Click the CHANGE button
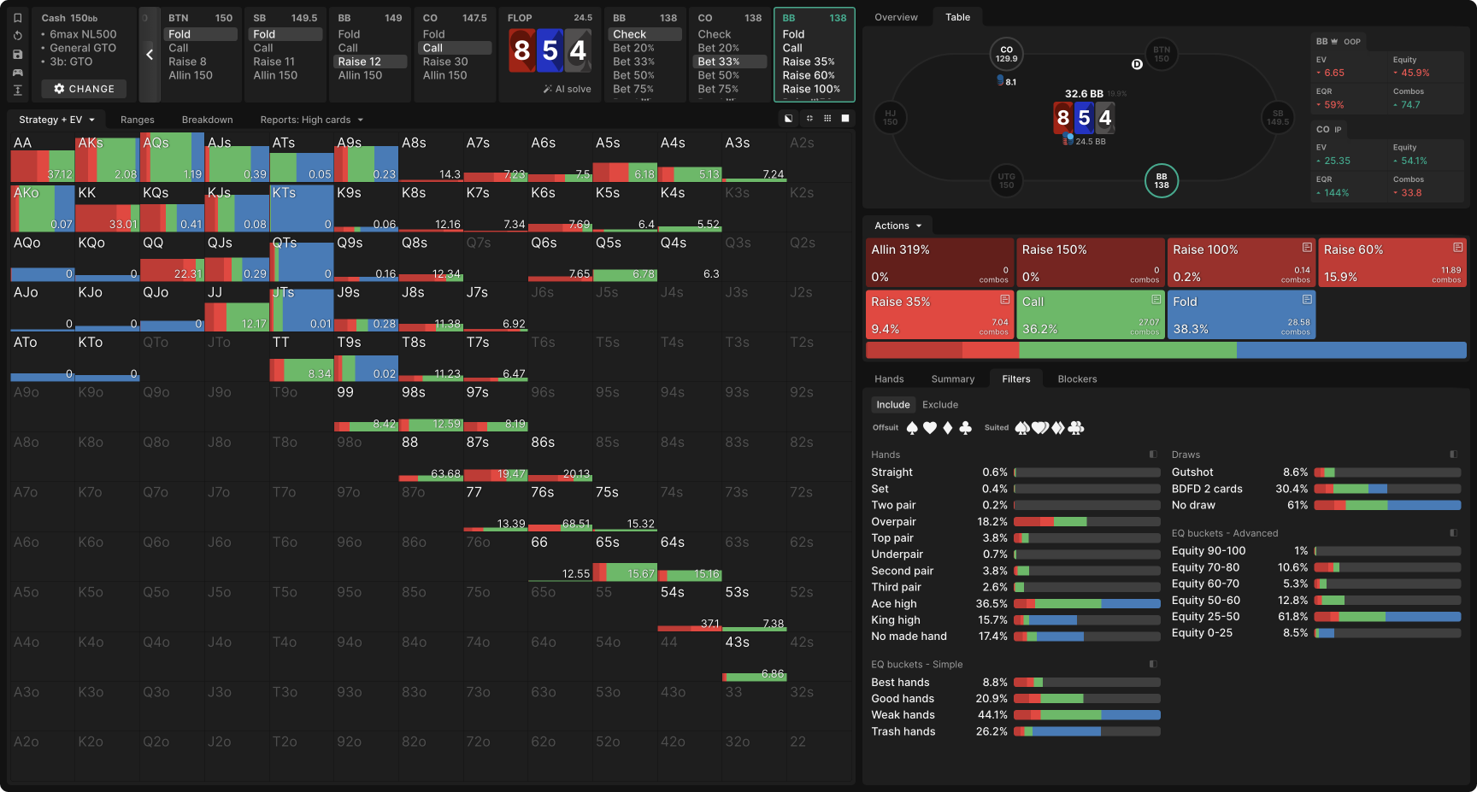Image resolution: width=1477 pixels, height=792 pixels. click(84, 89)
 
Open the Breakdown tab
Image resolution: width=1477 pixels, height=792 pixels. click(207, 120)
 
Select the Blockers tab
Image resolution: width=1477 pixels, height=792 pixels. click(1077, 379)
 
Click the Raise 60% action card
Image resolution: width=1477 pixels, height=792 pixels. click(1392, 263)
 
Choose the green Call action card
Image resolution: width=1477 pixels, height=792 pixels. click(1090, 315)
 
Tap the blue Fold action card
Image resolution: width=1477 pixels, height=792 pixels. click(1241, 315)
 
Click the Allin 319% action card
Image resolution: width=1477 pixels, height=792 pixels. click(939, 263)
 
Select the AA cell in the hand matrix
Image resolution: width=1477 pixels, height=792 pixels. click(42, 158)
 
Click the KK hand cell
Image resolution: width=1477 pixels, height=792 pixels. click(107, 208)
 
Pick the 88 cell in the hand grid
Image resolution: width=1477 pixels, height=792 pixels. click(430, 457)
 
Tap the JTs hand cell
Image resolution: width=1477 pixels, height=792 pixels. click(301, 308)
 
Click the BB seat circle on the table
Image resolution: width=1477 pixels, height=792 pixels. click(1162, 181)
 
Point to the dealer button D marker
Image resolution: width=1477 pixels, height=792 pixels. click(1137, 64)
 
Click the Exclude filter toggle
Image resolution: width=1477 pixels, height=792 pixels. click(940, 405)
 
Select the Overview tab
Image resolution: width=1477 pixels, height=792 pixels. click(896, 17)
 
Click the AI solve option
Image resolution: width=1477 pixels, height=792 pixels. click(568, 89)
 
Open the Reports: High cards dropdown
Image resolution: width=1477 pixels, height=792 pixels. click(312, 120)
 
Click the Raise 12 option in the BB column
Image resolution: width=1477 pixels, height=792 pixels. click(360, 62)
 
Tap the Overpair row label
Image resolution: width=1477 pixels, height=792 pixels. click(893, 522)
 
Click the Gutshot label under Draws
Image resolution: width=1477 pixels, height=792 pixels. click(1192, 472)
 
